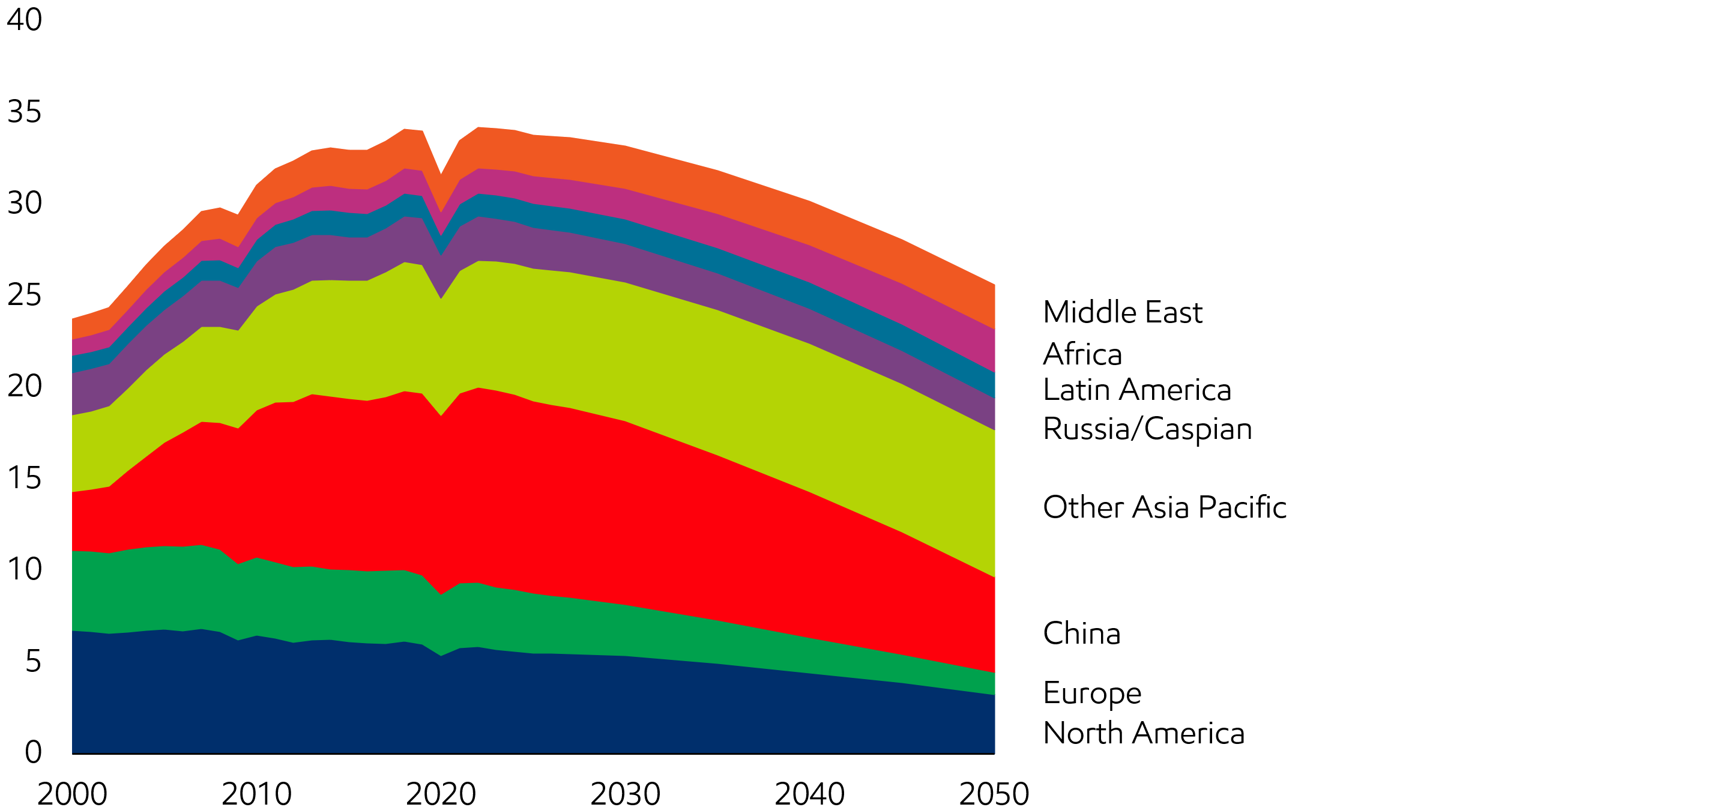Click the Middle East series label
(1122, 313)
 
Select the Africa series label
(1082, 354)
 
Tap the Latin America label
(1137, 390)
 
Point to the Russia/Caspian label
(1147, 429)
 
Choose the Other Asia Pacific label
(1165, 507)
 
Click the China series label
(1081, 633)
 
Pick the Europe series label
(1092, 694)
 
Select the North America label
(1144, 734)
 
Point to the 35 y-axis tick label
(24, 112)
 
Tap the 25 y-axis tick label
(24, 295)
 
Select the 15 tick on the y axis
(24, 478)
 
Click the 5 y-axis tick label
(33, 661)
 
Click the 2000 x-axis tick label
(72, 794)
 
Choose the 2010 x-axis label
(256, 794)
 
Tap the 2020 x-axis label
(441, 794)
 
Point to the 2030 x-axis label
(625, 794)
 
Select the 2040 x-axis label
(809, 794)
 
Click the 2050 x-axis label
(994, 794)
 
